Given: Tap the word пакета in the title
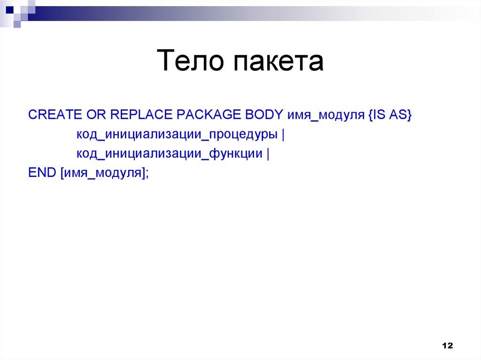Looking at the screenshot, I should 276,63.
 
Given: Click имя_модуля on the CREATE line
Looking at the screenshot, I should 324,115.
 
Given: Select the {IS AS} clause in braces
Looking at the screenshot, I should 388,115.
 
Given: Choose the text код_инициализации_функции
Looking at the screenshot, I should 170,153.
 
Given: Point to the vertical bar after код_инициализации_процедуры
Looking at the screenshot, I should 284,135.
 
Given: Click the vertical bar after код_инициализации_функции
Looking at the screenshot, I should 268,153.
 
